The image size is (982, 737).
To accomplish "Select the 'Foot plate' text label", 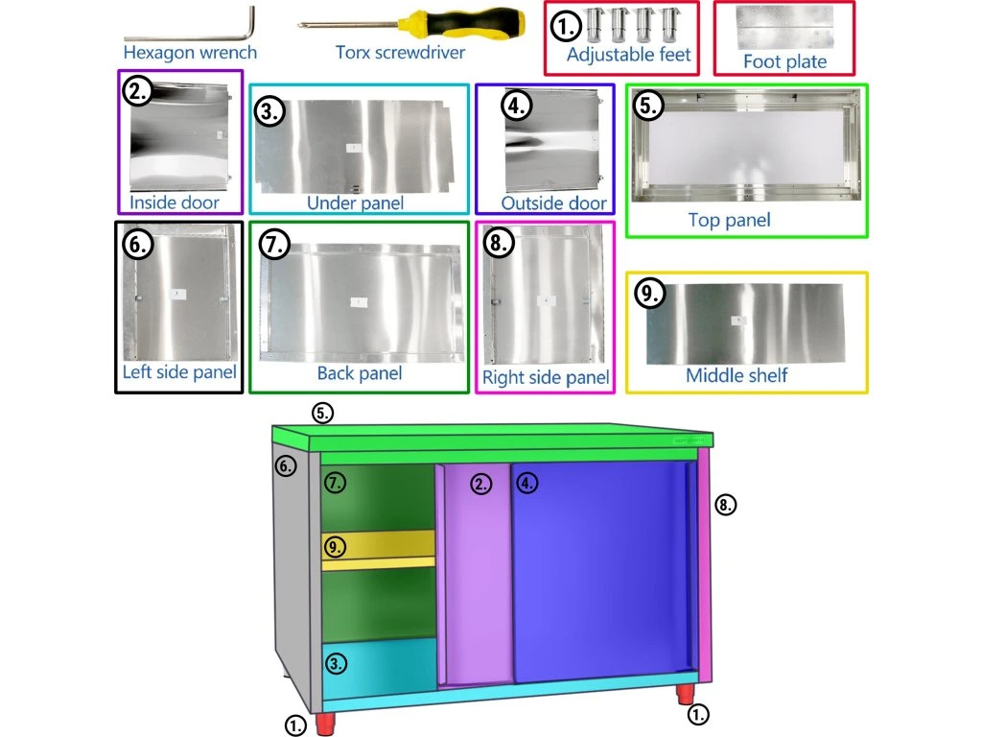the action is [x=784, y=62].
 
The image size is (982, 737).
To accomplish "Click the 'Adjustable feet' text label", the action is [x=628, y=55].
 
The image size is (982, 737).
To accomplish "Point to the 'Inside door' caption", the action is [x=174, y=202].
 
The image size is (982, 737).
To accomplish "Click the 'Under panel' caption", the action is [x=355, y=202].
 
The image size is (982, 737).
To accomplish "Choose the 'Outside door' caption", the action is [x=553, y=203].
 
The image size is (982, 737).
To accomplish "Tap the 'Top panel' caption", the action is [x=729, y=221].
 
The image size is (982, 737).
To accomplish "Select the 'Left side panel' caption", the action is [x=179, y=372].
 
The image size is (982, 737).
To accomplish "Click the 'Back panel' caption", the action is [x=359, y=373].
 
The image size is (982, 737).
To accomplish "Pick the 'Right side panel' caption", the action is [x=546, y=378].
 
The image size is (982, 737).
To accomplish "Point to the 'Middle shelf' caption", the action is [x=736, y=375].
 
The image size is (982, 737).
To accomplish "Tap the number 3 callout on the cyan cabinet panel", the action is [x=336, y=663].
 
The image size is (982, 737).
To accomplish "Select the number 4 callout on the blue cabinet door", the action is [x=527, y=484].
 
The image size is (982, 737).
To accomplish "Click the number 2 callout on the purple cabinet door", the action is [x=480, y=485].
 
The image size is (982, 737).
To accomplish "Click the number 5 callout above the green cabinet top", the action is [x=323, y=413].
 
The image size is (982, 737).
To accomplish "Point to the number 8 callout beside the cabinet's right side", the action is [x=726, y=503].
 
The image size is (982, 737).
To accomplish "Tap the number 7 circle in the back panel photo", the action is [x=273, y=245].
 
